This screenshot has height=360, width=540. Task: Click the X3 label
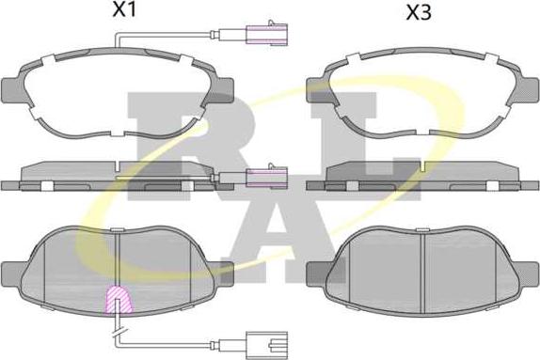[419, 13]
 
